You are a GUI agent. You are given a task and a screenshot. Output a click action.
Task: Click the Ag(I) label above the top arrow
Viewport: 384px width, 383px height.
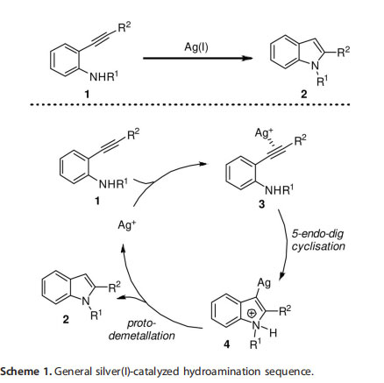[x=196, y=47]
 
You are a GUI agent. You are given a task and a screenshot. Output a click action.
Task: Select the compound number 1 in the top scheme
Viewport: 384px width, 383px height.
[x=87, y=94]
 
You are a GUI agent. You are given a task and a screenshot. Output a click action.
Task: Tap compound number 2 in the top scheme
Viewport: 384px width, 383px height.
[x=304, y=94]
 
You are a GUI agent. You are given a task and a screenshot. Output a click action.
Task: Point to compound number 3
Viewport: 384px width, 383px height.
[x=261, y=204]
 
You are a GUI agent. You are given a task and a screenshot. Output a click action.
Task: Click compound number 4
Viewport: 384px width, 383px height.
[x=226, y=344]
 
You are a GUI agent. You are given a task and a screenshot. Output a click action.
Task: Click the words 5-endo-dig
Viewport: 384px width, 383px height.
[x=317, y=234]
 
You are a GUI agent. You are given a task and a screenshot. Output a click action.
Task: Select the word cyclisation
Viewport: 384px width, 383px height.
[x=318, y=246]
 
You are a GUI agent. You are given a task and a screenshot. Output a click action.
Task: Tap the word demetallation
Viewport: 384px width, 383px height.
[x=141, y=336]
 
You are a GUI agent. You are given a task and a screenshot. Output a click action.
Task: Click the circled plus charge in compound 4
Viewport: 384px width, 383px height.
[x=252, y=313]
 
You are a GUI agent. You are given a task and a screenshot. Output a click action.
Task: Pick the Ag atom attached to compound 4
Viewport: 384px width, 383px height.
[x=264, y=282]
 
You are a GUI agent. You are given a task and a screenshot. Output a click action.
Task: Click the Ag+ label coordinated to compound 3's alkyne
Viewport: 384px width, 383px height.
[x=264, y=133]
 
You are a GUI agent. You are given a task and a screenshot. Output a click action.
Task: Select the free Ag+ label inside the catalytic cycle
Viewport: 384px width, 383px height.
[x=127, y=225]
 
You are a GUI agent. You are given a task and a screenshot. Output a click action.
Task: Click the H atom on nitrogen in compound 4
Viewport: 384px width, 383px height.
[x=273, y=332]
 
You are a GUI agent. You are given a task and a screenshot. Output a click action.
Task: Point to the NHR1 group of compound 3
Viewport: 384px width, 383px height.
[x=279, y=189]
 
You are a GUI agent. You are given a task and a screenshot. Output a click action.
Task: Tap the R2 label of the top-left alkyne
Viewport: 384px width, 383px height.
[x=124, y=27]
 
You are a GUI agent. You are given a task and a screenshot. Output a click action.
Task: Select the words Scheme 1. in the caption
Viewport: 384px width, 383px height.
[x=26, y=372]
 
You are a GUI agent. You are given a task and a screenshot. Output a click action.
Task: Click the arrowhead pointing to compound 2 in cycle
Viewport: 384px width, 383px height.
[x=121, y=297]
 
